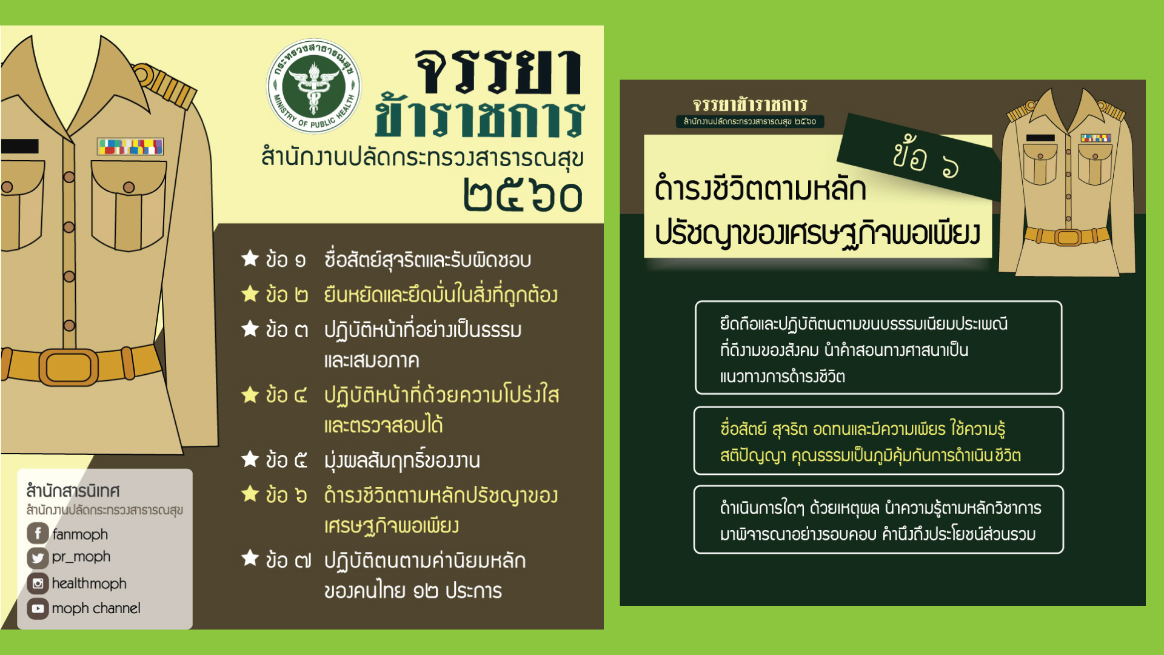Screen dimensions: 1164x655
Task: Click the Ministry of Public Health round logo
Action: [x=314, y=87]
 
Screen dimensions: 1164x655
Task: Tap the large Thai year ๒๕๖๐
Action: [x=523, y=195]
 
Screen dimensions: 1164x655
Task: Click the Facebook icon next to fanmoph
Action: [x=38, y=534]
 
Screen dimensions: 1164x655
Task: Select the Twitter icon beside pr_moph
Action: [x=38, y=557]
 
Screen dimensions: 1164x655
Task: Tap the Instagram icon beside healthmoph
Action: [x=38, y=583]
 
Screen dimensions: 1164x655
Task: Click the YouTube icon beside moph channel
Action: [x=38, y=608]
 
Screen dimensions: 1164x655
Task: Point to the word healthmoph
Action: [x=89, y=583]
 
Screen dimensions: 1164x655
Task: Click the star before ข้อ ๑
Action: [x=250, y=258]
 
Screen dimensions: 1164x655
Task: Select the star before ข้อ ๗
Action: [x=250, y=558]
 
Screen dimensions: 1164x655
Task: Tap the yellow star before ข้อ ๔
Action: [x=250, y=395]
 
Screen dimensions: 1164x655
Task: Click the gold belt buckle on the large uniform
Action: [x=69, y=367]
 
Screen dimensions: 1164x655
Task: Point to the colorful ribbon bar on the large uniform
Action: [x=130, y=146]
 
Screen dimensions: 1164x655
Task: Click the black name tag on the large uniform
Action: [x=19, y=146]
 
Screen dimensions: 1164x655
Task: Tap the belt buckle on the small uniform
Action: [x=1068, y=237]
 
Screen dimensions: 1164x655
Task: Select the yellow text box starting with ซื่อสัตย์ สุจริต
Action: [x=878, y=441]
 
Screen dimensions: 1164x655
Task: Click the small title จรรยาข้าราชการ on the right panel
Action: [x=750, y=104]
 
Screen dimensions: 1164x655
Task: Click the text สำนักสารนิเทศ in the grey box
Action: [x=73, y=490]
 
